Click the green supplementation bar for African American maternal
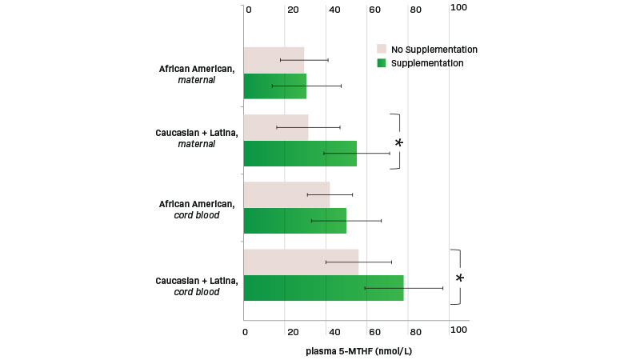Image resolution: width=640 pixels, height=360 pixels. pyautogui.click(x=274, y=86)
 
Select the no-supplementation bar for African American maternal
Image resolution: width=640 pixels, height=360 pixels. pyautogui.click(x=274, y=60)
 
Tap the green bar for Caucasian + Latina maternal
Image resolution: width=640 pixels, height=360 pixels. pyautogui.click(x=300, y=153)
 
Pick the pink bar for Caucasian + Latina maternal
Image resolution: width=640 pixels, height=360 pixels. pyautogui.click(x=275, y=127)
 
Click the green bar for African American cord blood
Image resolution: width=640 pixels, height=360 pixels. pyautogui.click(x=294, y=220)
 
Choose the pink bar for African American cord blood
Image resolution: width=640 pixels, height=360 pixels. pyautogui.click(x=286, y=194)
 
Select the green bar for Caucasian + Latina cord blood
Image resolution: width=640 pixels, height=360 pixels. pyautogui.click(x=323, y=288)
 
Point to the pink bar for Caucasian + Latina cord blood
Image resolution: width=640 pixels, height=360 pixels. pyautogui.click(x=301, y=262)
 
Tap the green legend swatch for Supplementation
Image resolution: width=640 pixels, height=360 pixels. pyautogui.click(x=382, y=63)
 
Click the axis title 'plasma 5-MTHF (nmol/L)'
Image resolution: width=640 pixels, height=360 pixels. pyautogui.click(x=358, y=350)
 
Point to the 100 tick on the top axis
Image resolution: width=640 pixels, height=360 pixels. pyautogui.click(x=459, y=8)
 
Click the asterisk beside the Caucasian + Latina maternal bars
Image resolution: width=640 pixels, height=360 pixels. pyautogui.click(x=399, y=143)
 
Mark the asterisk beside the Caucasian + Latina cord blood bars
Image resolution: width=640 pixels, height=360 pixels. pyautogui.click(x=460, y=278)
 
